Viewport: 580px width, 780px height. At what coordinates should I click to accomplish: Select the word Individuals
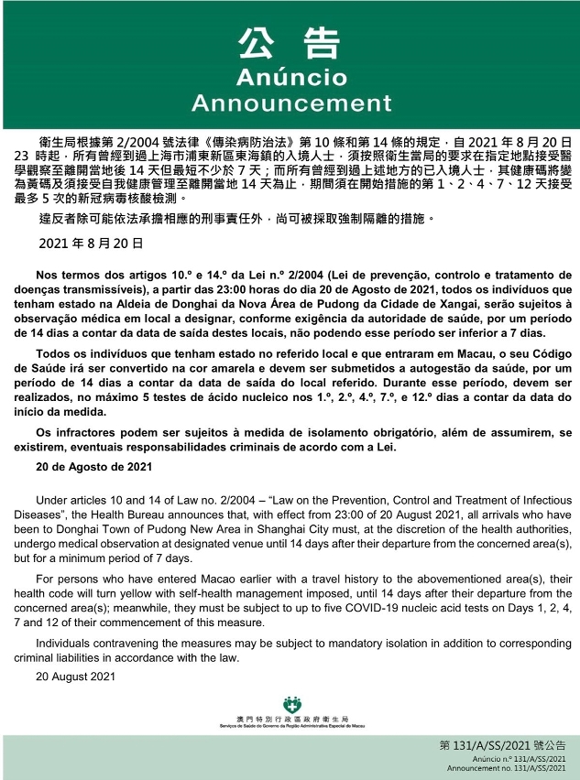66,642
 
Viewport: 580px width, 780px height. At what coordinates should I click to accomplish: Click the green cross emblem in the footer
290,706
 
